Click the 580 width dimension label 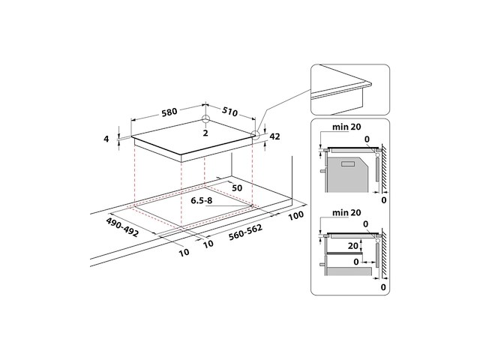point(169,112)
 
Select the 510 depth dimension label point(229,113)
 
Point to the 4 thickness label point(107,139)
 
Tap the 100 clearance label point(294,215)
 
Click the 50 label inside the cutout point(236,187)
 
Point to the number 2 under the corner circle point(204,133)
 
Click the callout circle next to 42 point(255,136)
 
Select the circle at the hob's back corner point(205,120)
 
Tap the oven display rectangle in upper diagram point(347,163)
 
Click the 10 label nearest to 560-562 point(208,243)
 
